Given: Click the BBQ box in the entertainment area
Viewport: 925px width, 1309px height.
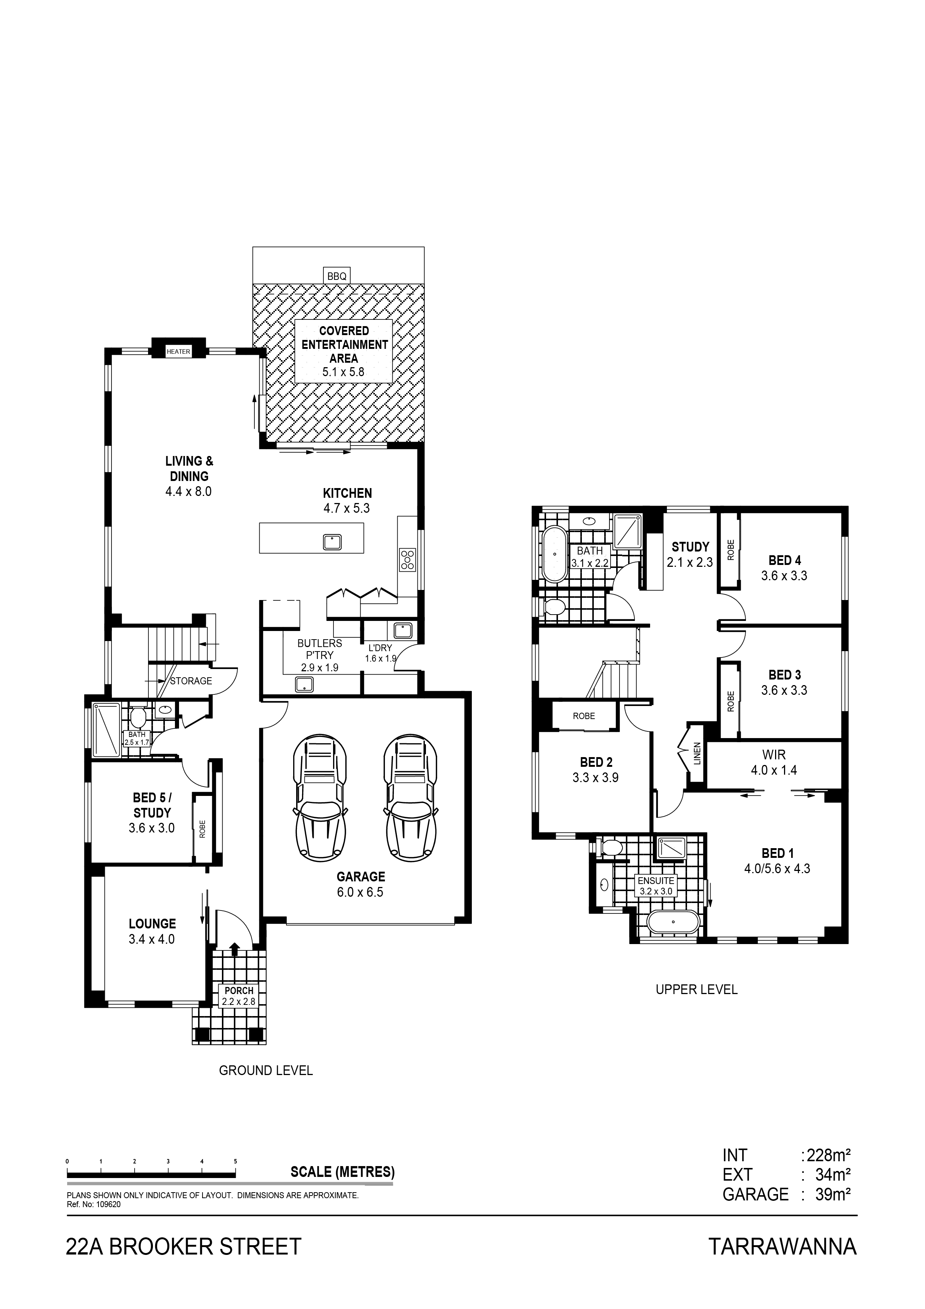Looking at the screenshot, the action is (336, 276).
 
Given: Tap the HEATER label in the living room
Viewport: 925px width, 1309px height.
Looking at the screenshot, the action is (178, 352).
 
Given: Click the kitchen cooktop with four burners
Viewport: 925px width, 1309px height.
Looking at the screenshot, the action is (408, 559).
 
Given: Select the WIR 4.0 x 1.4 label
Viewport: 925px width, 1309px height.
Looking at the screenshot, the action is (774, 762).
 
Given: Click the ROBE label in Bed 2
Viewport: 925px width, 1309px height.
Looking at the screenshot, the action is (584, 716).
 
